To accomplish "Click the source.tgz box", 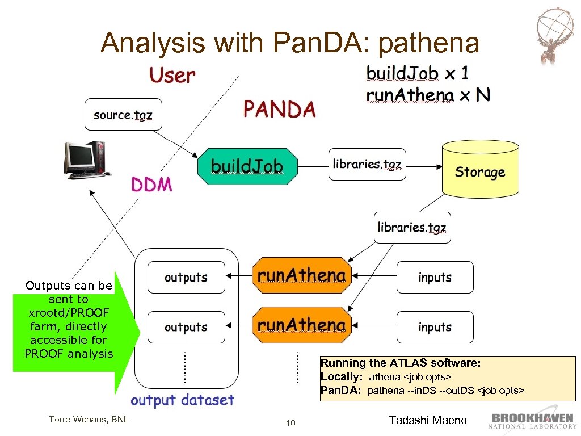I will pyautogui.click(x=123, y=115).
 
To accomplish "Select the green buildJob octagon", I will pyautogui.click(x=247, y=166).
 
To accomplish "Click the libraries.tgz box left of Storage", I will pyautogui.click(x=367, y=165).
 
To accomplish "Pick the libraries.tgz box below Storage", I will pyautogui.click(x=412, y=228).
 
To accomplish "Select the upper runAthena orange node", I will pyautogui.click(x=301, y=276).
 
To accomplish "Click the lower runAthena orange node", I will pyautogui.click(x=301, y=326).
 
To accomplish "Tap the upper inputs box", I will pyautogui.click(x=435, y=278).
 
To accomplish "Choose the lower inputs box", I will pyautogui.click(x=435, y=327).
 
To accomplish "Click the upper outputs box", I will pyautogui.click(x=186, y=278).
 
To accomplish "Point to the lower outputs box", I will pyautogui.click(x=186, y=327).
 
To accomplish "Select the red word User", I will pyautogui.click(x=172, y=76).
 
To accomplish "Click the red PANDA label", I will pyautogui.click(x=279, y=109).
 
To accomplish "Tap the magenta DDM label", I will pyautogui.click(x=152, y=185).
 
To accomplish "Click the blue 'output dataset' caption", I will pyautogui.click(x=182, y=400).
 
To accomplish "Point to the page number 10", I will pyautogui.click(x=290, y=423).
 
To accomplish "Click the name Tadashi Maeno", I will pyautogui.click(x=428, y=421).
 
